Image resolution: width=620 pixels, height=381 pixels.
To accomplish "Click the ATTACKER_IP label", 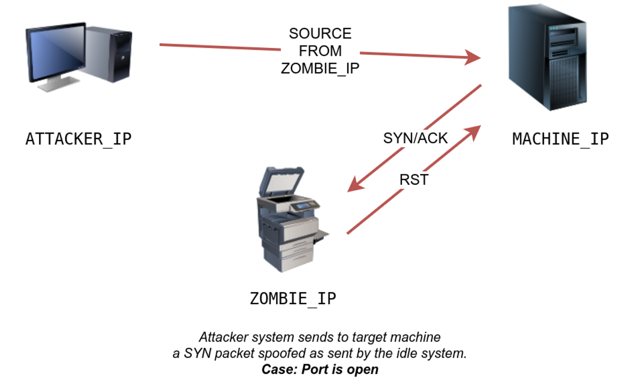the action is click(78, 139).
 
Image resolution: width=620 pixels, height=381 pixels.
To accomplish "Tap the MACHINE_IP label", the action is click(561, 139).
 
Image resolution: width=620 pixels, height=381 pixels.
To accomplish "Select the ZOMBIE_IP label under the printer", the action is click(293, 299).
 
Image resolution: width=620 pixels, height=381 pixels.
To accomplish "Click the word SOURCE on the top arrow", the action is click(320, 34).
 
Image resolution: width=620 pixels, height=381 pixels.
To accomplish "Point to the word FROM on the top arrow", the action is click(320, 51).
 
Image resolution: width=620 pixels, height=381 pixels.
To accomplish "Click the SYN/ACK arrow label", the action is click(415, 138).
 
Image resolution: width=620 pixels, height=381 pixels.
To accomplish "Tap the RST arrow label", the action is click(414, 180).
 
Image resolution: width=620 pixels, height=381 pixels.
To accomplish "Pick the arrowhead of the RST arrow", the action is click(474, 132).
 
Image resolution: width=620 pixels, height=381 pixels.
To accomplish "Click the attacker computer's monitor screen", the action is click(57, 52).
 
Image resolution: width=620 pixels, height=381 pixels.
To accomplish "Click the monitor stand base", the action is click(58, 84).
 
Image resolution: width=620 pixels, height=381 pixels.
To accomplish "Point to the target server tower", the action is click(547, 57).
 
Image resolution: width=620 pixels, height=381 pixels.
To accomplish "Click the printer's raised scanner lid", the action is click(282, 181).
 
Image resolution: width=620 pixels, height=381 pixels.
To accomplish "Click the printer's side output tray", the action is click(321, 236).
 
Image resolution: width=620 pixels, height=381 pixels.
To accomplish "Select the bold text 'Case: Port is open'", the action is click(320, 369).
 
